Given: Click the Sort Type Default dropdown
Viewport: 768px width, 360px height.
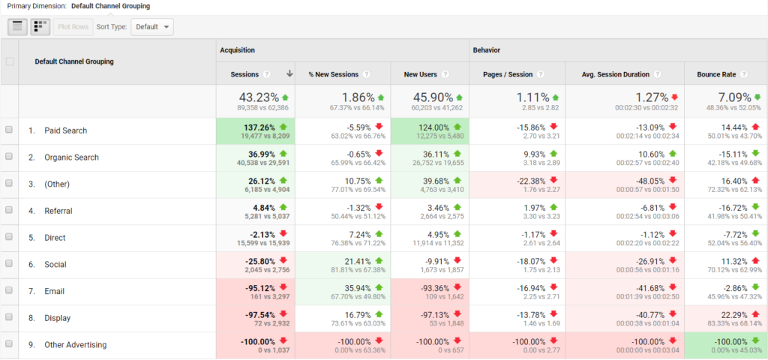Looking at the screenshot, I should pyautogui.click(x=152, y=27).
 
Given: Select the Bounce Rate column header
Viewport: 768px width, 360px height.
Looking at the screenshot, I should pyautogui.click(x=718, y=74).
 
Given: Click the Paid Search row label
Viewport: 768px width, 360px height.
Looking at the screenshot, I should pyautogui.click(x=65, y=130).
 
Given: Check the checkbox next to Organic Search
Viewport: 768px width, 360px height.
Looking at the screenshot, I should pyautogui.click(x=10, y=157).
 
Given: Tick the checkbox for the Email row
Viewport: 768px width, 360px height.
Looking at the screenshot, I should pyautogui.click(x=10, y=291).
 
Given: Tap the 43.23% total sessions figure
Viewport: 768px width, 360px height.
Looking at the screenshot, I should pyautogui.click(x=259, y=97).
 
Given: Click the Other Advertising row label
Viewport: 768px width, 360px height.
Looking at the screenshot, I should pyautogui.click(x=75, y=345).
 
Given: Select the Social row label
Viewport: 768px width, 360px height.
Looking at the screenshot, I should pyautogui.click(x=55, y=265).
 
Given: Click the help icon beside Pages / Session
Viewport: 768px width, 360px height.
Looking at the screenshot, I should pyautogui.click(x=540, y=74).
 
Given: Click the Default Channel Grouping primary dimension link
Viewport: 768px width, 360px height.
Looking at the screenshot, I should pyautogui.click(x=110, y=6).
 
